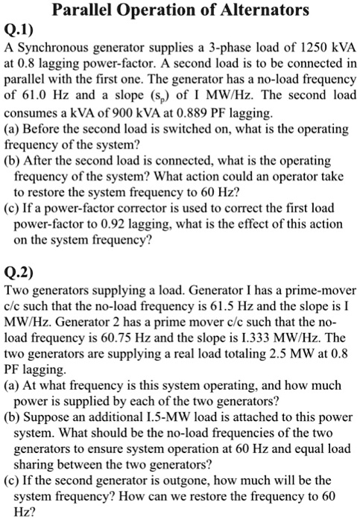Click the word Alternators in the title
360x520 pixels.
coord(246,11)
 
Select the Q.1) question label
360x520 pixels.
coord(19,31)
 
